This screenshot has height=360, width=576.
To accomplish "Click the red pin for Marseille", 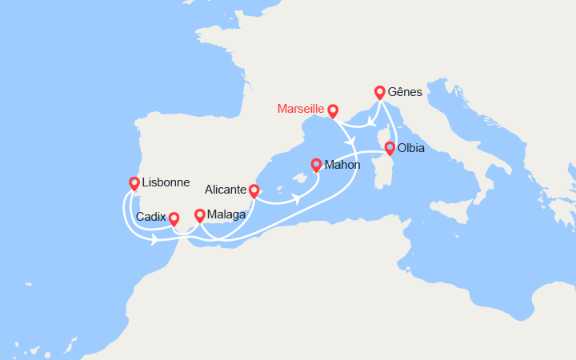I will (x=332, y=110).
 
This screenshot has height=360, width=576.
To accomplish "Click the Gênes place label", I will (x=405, y=92).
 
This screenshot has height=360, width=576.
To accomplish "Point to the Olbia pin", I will (x=390, y=147).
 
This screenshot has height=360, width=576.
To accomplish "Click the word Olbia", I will (x=411, y=148).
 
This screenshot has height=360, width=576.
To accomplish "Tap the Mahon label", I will (x=342, y=165).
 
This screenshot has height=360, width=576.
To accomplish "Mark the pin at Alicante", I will (x=254, y=190).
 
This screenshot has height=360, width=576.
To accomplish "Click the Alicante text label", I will (x=225, y=190).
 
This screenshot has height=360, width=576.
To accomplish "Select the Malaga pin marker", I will (x=199, y=214).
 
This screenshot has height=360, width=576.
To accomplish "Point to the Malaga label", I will (x=225, y=215).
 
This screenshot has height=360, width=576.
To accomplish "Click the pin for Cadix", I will (x=174, y=218).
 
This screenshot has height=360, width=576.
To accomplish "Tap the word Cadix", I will (x=151, y=217).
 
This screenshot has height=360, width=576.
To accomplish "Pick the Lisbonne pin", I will (x=134, y=182).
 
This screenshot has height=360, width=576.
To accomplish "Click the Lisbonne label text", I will (x=166, y=182).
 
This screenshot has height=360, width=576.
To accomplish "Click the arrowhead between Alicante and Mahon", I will (x=298, y=198).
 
